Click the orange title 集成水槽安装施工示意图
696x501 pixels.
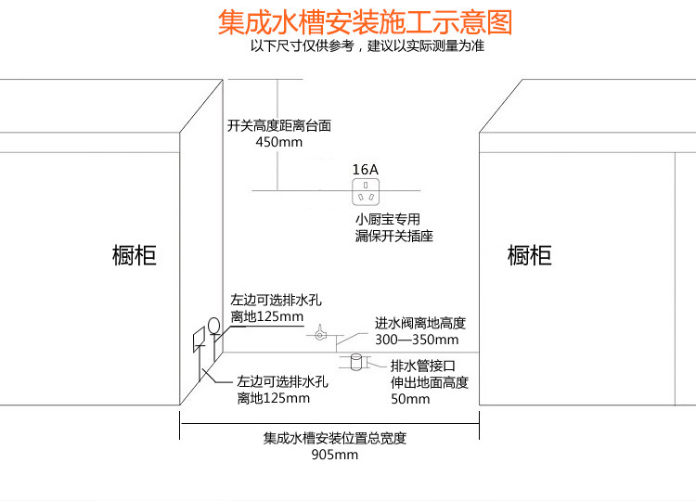(365, 22)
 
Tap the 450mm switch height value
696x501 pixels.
(278, 142)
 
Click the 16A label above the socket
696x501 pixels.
(366, 169)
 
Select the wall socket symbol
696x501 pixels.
(366, 192)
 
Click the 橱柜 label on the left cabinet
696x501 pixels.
(134, 255)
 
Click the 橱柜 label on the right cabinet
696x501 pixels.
(530, 255)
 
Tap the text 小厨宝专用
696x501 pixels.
(388, 219)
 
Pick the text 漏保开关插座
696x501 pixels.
(393, 236)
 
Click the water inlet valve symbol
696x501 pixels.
(319, 334)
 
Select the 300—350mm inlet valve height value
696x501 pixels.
(417, 340)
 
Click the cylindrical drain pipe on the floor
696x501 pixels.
(356, 362)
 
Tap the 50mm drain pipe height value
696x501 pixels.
(410, 399)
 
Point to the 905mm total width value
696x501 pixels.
(335, 455)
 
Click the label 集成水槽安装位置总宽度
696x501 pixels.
(335, 438)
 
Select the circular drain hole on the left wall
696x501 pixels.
(214, 326)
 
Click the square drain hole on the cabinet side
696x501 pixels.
(199, 340)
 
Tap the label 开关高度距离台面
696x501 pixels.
(279, 125)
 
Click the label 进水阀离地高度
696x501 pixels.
(419, 323)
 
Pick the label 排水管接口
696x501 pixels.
(423, 366)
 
